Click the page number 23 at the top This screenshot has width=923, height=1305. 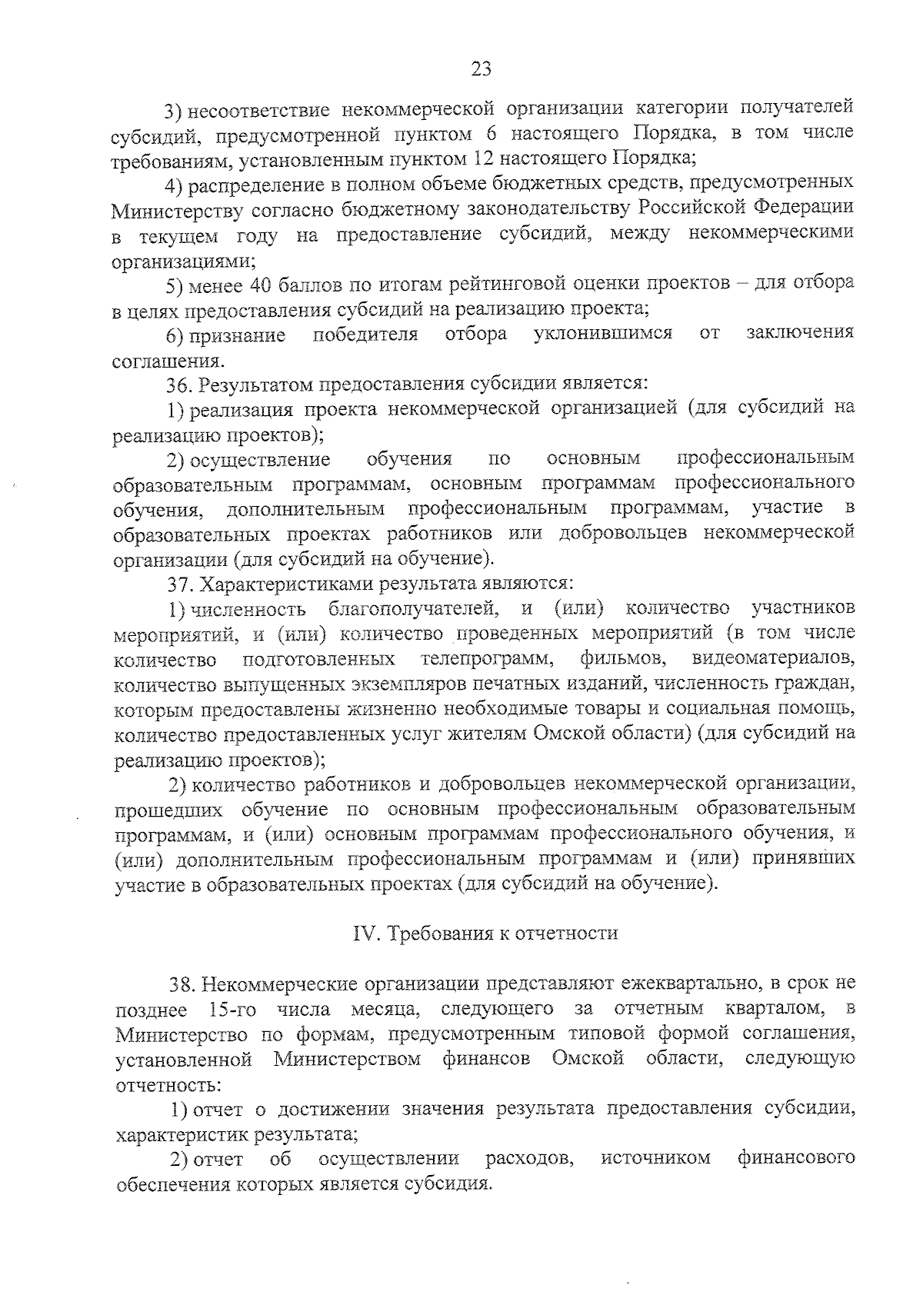(481, 68)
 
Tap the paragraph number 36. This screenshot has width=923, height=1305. (179, 383)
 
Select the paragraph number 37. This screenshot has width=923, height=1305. (179, 585)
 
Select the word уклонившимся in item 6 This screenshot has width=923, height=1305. (603, 334)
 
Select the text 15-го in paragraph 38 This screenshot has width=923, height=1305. (232, 1009)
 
